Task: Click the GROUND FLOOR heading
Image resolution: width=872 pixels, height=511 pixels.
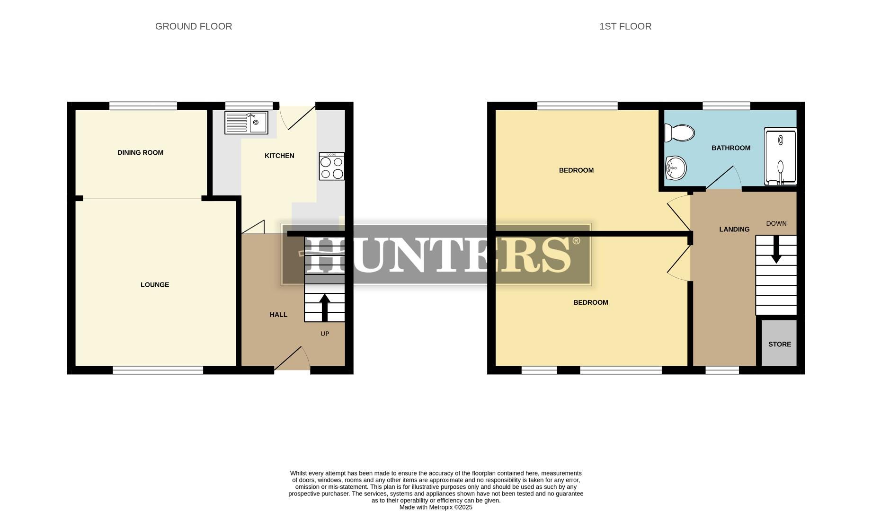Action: coord(194,26)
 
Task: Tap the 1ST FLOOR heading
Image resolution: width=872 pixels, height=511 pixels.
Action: coord(625,26)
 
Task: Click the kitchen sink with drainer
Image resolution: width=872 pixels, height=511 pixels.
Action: coord(246,123)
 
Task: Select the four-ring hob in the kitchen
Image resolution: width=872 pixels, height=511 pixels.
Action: coord(332,167)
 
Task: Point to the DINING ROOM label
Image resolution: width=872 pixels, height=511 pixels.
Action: coord(140,152)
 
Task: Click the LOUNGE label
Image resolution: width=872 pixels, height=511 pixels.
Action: coord(155,285)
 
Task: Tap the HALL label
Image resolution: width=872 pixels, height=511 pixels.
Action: coord(278,315)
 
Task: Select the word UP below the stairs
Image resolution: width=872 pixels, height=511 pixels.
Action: coord(325,334)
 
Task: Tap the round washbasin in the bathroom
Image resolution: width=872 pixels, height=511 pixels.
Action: coord(676,168)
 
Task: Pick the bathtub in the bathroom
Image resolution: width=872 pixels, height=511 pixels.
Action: coord(781,156)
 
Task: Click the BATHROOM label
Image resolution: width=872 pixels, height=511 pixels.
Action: coord(730,148)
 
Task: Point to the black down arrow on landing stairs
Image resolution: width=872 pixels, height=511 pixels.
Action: coord(776,250)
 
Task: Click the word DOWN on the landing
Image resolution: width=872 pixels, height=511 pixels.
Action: coord(776,223)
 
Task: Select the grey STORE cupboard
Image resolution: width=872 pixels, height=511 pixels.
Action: coord(779,344)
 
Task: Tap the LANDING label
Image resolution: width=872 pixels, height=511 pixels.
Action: coord(734,229)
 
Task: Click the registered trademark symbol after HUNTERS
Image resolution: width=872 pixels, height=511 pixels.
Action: coord(576,241)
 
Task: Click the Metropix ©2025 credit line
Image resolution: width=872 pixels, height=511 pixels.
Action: coord(436,507)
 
